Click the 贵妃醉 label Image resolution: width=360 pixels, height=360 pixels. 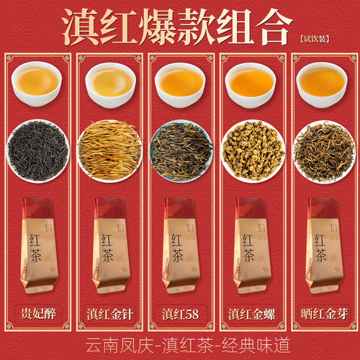pos(38,314)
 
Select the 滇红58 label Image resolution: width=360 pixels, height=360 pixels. pos(179,314)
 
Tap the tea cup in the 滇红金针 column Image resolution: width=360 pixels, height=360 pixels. pos(109,81)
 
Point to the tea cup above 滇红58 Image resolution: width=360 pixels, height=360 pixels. pos(179,81)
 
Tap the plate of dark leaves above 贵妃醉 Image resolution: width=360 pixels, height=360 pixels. pos(38,150)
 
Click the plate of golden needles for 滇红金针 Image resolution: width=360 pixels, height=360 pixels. pos(109,150)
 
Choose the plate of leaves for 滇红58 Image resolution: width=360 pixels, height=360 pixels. pos(179,150)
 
